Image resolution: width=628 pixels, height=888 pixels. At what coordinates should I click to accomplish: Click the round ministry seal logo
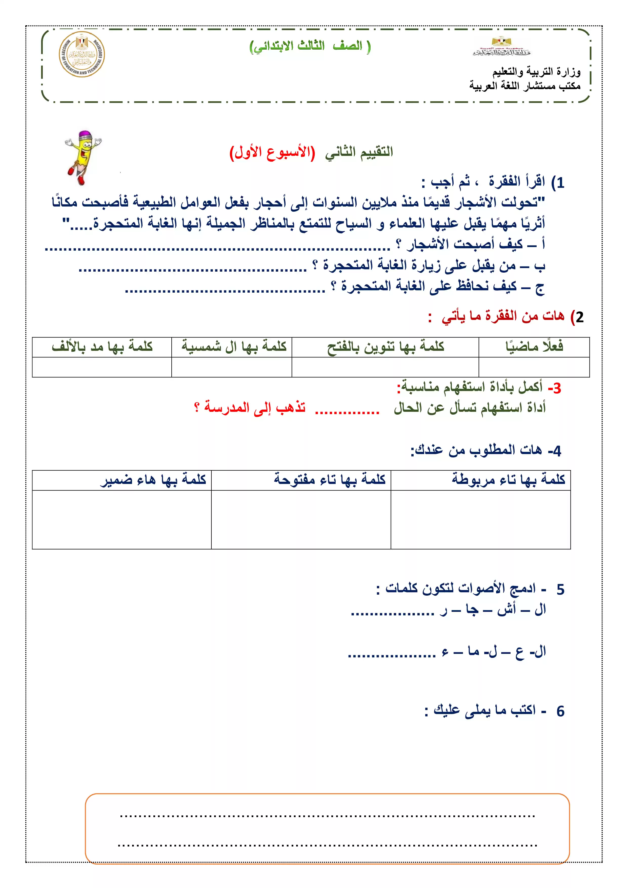(82, 54)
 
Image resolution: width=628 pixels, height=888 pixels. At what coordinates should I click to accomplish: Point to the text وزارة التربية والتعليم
(536, 72)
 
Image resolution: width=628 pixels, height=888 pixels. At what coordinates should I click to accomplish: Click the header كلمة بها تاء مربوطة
(508, 480)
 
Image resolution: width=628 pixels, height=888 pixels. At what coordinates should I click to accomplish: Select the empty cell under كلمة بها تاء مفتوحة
(301, 519)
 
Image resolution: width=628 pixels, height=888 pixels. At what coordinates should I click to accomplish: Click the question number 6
(560, 711)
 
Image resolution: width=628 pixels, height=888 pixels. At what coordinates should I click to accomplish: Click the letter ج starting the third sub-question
(539, 287)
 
